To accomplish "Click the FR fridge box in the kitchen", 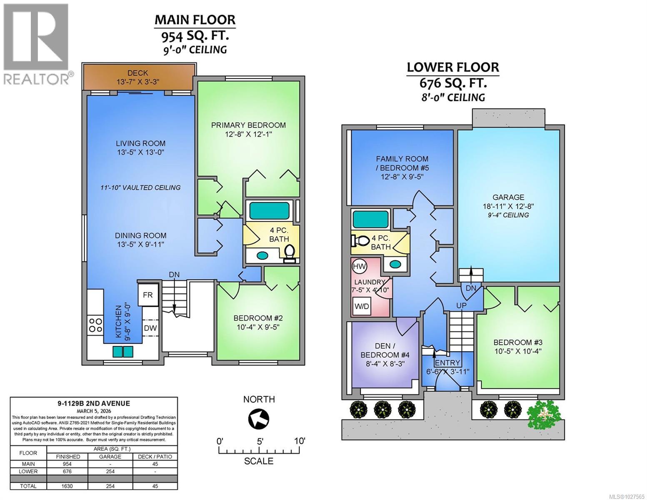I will [148, 295].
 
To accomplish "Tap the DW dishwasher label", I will [150, 328].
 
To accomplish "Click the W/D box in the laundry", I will [362, 306].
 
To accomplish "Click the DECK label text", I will [137, 73].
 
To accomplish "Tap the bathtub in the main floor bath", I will [269, 211].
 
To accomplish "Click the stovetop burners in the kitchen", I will [95, 325].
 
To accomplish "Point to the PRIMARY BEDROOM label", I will [248, 125].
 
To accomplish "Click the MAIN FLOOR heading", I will [195, 20].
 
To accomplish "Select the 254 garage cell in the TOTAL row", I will [110, 486].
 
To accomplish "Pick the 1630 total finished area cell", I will [68, 486].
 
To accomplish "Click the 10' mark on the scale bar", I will [299, 441].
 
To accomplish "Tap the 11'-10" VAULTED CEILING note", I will [140, 187].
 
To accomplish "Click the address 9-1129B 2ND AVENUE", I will [94, 403].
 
